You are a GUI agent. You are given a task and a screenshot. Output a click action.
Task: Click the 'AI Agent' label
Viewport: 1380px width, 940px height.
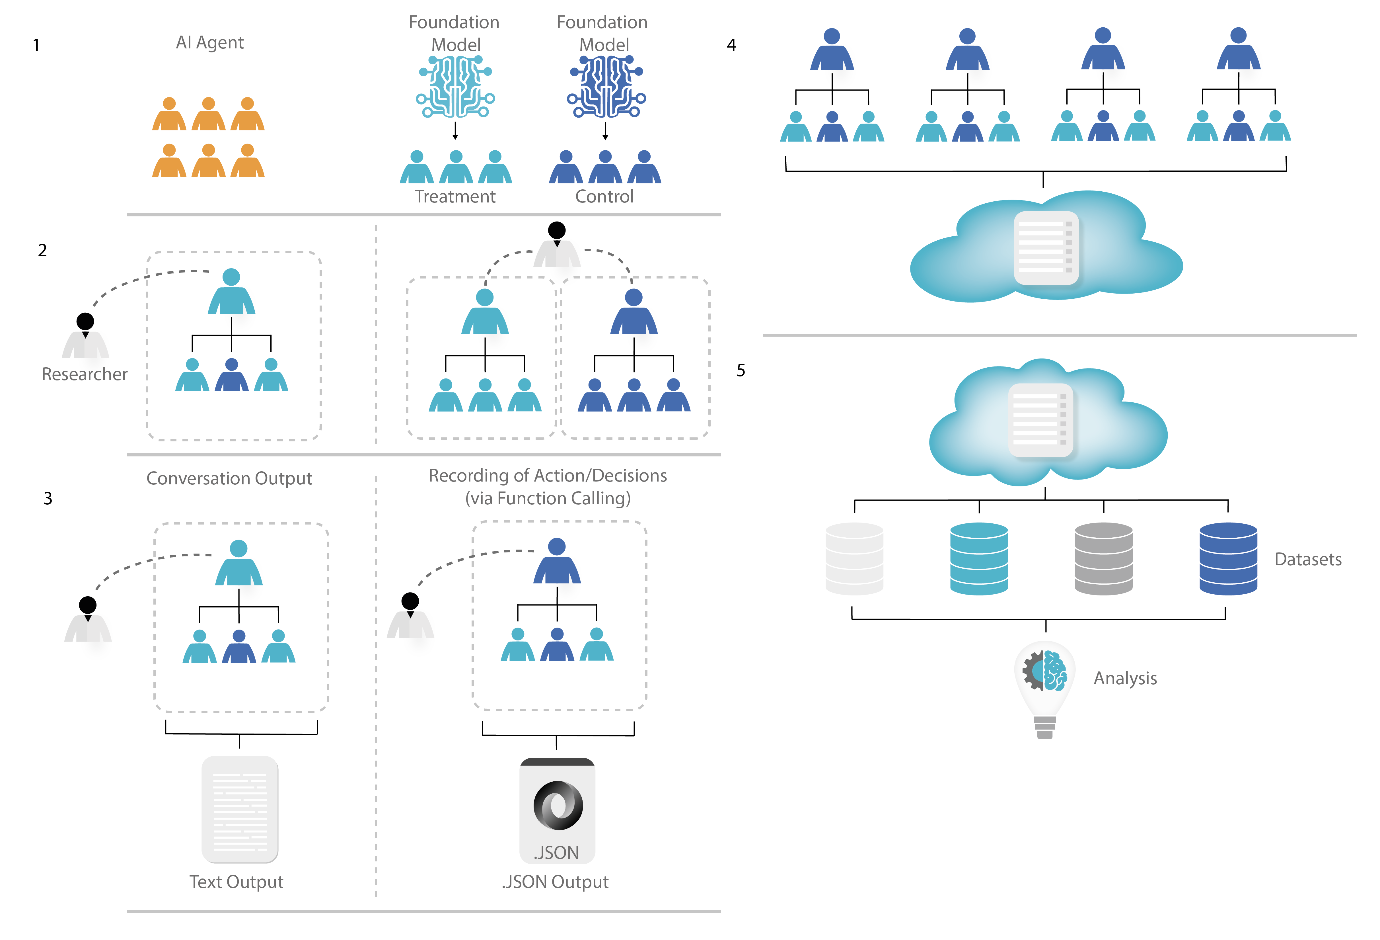210,43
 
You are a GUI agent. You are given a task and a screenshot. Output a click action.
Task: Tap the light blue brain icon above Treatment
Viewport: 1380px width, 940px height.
455,87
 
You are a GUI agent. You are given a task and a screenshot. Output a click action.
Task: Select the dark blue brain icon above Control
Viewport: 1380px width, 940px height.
606,87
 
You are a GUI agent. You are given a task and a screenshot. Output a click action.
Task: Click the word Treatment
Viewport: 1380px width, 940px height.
455,197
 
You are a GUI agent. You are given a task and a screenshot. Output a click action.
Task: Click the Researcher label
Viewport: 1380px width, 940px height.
84,374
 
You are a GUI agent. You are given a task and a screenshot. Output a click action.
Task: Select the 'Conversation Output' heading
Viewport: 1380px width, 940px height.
229,478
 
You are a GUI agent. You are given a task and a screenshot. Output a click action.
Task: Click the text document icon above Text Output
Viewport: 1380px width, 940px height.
240,809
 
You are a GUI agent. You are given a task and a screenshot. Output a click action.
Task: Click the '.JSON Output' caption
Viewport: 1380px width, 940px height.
555,882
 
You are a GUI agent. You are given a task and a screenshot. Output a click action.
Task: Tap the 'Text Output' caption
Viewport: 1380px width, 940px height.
236,882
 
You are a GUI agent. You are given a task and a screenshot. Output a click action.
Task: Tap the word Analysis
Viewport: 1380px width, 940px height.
1125,679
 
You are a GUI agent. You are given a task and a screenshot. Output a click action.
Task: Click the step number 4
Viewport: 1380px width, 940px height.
732,45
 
